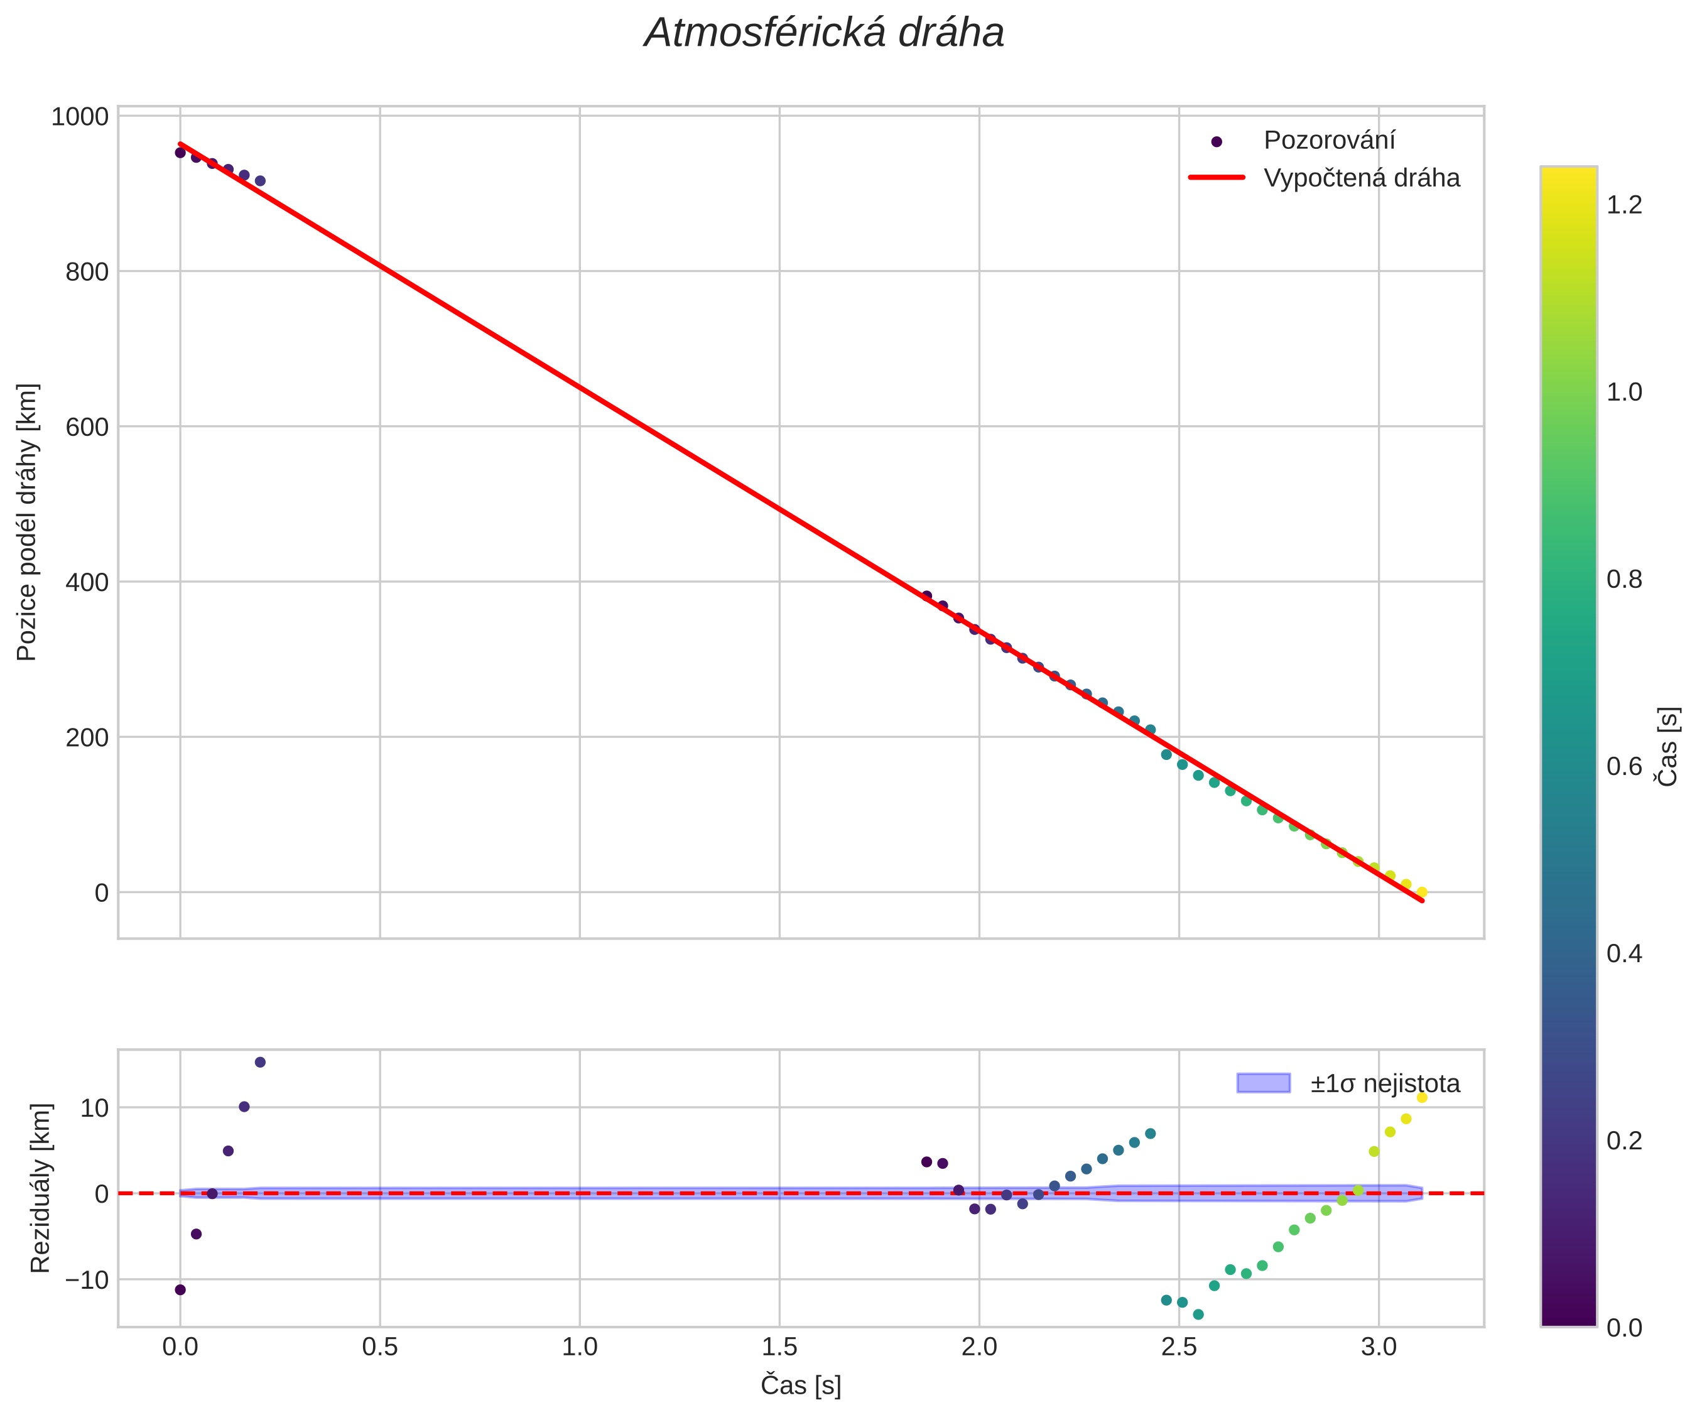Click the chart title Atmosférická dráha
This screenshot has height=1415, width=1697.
tap(823, 34)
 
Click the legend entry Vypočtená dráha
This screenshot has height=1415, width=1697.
tap(1361, 178)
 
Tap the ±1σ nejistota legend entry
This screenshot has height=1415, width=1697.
tap(1384, 1083)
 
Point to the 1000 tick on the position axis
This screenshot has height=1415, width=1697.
tap(79, 117)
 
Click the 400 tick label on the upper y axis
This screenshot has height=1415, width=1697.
tap(87, 583)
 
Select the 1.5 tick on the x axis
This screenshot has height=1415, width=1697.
tap(779, 1347)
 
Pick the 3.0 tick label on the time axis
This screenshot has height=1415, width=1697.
tap(1378, 1347)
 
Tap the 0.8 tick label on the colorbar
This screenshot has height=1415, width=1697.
tap(1624, 580)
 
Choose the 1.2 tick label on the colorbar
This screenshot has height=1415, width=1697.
tap(1624, 205)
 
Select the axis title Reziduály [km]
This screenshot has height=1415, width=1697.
tap(40, 1187)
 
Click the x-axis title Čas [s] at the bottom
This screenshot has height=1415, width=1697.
tap(800, 1385)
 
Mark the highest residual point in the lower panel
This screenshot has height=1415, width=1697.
tap(260, 1062)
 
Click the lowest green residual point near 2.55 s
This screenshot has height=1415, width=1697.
tap(1198, 1315)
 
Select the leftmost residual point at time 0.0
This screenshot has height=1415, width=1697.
tap(180, 1290)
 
